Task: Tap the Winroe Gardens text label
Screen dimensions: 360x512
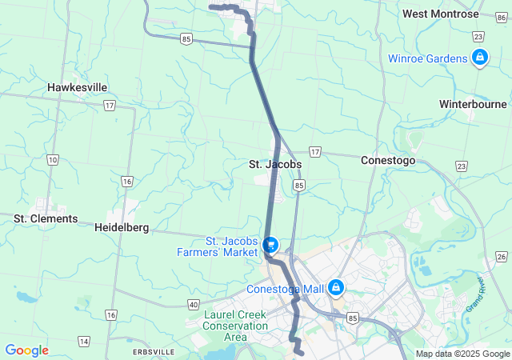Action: point(428,58)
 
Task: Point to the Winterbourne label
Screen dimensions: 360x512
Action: point(473,104)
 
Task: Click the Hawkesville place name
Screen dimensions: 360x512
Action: point(78,87)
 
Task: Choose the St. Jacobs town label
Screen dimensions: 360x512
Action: point(274,164)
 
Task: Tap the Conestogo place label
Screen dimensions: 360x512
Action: point(388,160)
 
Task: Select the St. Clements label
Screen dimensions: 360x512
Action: point(46,218)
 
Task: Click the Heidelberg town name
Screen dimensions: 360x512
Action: point(122,227)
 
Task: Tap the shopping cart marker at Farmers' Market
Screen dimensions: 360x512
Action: point(270,244)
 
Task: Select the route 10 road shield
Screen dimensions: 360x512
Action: point(52,160)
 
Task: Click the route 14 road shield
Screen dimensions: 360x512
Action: point(84,342)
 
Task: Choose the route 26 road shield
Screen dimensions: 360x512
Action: point(501,256)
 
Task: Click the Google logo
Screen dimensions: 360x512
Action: point(26,350)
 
